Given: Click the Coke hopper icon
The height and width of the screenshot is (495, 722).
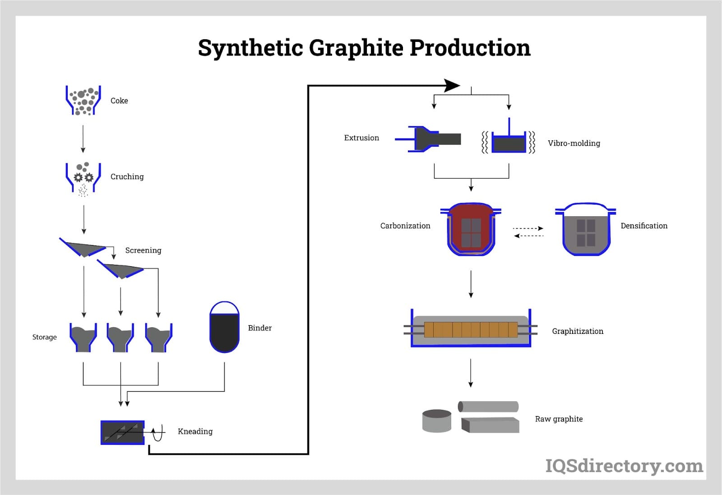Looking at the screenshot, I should coord(83,100).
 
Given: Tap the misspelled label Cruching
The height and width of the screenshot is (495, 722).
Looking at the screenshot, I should coord(127,176).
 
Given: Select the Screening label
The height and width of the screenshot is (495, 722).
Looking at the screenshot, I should coord(143,250).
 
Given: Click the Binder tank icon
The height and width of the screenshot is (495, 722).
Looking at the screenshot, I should coord(224,328).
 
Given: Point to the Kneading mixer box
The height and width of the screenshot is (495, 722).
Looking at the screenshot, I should coord(122,432).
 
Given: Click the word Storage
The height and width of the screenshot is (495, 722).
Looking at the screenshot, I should coord(44,337).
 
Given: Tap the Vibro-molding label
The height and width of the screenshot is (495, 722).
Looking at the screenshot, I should coord(574,143).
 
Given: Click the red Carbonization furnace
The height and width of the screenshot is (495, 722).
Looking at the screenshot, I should coord(471,229).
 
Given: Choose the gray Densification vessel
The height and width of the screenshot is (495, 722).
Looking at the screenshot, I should coord(586,230).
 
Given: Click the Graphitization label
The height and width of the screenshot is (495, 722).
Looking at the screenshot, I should coord(577,331).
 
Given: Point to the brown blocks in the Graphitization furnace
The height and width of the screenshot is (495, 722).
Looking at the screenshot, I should coord(470,330).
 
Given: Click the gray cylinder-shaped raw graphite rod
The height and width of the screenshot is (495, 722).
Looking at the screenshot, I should coord(488,407).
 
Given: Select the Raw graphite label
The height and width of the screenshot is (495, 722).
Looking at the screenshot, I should coord(559,419).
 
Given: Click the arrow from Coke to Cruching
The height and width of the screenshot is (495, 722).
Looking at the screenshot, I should coord(83,139).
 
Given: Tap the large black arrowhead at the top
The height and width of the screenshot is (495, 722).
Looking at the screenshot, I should coord(451,85).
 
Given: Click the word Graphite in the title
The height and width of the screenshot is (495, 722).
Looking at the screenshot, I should coord(356,48).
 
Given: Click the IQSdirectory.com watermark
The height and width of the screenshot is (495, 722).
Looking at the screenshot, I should coord(624,466).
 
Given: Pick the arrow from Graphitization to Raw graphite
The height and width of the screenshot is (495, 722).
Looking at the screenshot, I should coord(471,373).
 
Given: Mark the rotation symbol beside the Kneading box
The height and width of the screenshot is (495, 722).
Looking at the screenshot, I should coord(157,433).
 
